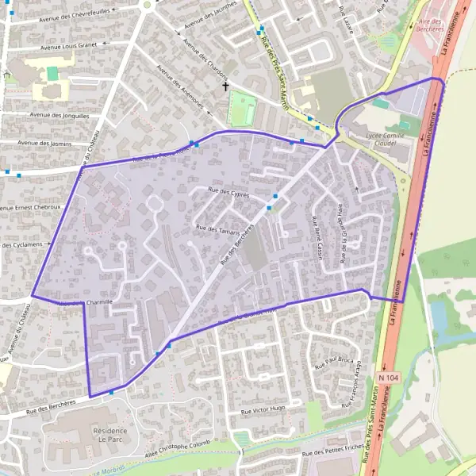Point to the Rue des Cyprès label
click(228, 193)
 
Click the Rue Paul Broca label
click(333, 363)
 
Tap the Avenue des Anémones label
click(180, 87)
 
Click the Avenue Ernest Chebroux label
click(30, 207)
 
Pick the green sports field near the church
click(241, 109)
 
